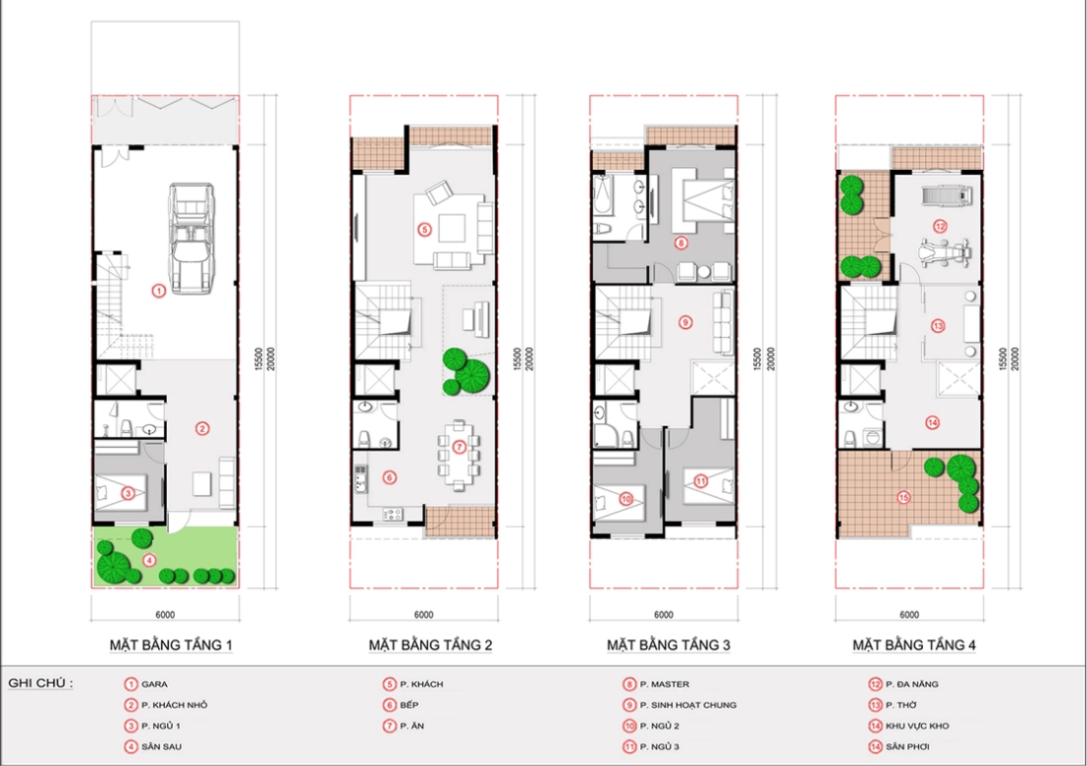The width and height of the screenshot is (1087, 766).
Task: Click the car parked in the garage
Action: (x=192, y=238)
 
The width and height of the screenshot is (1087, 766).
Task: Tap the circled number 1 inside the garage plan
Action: (x=159, y=292)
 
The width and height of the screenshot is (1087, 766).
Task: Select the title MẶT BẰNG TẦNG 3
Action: (x=668, y=645)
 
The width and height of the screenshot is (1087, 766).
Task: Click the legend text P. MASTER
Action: (x=664, y=684)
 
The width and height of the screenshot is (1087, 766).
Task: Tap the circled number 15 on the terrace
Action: (x=903, y=497)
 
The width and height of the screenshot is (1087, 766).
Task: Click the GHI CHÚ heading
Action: (x=41, y=683)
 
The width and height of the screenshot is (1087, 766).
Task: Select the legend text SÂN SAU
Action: (x=161, y=746)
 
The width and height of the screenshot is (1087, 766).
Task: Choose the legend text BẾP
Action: (x=409, y=705)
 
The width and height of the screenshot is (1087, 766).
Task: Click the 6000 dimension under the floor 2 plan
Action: (x=424, y=614)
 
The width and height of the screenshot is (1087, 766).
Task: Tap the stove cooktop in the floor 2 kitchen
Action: (x=393, y=514)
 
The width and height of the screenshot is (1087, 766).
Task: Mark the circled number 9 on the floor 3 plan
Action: (x=685, y=321)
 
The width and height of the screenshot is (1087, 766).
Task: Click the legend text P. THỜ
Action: (x=901, y=705)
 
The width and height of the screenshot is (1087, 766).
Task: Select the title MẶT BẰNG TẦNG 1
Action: (x=171, y=645)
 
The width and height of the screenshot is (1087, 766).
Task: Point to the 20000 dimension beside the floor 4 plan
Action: (x=1015, y=359)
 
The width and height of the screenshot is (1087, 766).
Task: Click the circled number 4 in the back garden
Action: (x=150, y=560)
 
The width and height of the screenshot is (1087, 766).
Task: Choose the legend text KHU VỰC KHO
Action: (x=917, y=725)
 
